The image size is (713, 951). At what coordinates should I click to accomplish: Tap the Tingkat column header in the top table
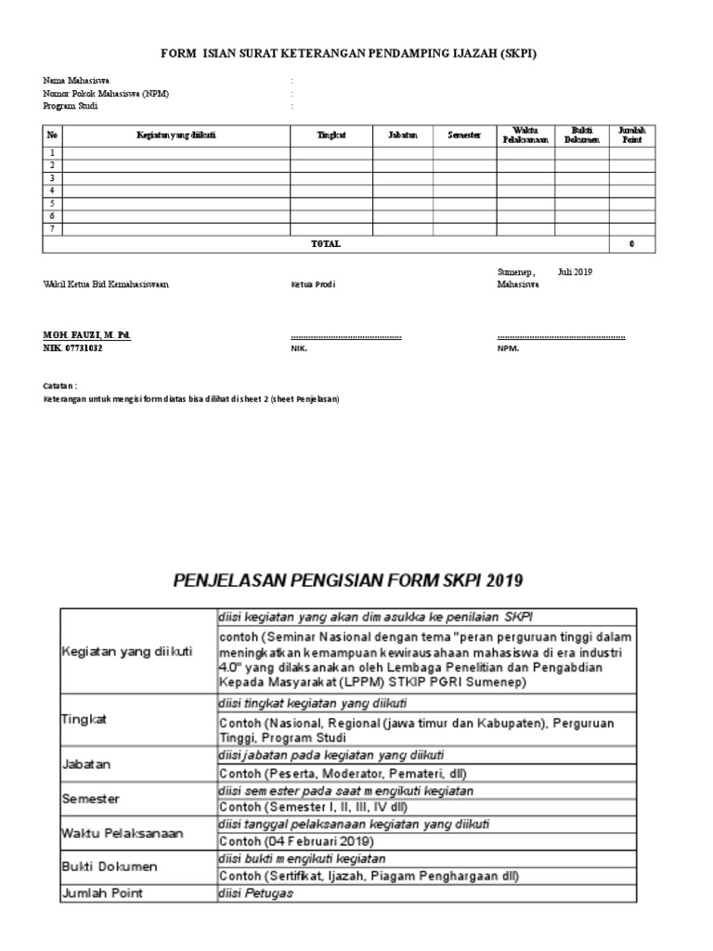331,136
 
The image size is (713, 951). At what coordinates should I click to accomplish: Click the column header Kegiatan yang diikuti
175,136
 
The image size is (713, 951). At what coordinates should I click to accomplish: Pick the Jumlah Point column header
631,135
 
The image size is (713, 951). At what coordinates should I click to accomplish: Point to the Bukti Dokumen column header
582,135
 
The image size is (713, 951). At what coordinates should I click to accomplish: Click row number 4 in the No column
53,190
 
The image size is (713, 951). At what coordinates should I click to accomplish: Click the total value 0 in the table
631,244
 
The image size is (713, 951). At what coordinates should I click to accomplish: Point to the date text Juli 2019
575,272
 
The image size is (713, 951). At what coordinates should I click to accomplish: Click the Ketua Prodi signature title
306,285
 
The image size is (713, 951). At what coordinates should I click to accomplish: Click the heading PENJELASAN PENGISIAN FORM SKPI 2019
348,581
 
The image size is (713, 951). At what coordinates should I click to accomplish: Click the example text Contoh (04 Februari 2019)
296,840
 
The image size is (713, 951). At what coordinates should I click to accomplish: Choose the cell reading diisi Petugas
255,893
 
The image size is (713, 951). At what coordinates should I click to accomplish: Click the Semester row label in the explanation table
91,799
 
